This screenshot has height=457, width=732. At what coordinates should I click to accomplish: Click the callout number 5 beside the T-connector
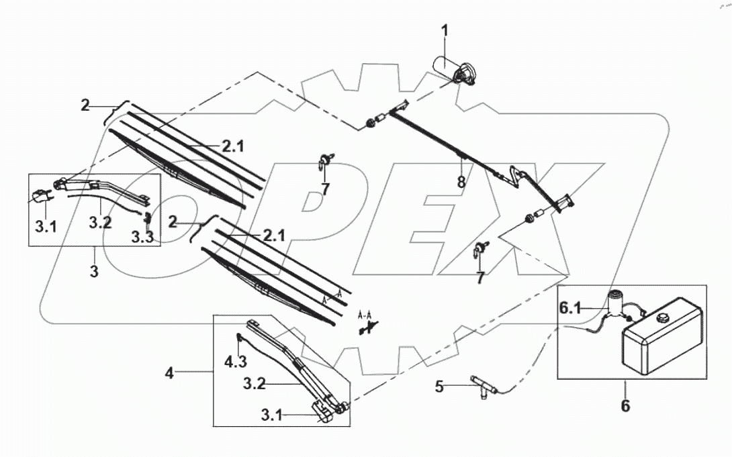[439, 386]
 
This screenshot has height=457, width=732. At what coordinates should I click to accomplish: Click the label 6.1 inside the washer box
[571, 308]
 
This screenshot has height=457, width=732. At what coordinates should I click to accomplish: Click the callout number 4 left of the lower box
[170, 372]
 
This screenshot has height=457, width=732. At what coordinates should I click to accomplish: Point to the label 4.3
[235, 362]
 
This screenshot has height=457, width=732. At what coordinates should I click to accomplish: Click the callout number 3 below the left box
[95, 272]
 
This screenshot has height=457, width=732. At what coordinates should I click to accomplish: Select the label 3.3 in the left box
[143, 236]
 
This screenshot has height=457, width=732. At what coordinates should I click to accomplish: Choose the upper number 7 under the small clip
[325, 189]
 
